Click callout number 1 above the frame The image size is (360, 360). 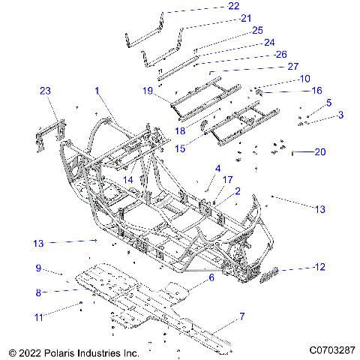point(97,90)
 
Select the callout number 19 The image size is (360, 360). point(147,91)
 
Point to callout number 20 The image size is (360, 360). point(320,152)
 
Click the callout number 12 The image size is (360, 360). point(319,267)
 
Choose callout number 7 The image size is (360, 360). point(241,318)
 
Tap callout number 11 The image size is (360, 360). point(38,318)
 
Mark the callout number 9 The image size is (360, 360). point(38,267)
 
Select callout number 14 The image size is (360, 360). point(130,180)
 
